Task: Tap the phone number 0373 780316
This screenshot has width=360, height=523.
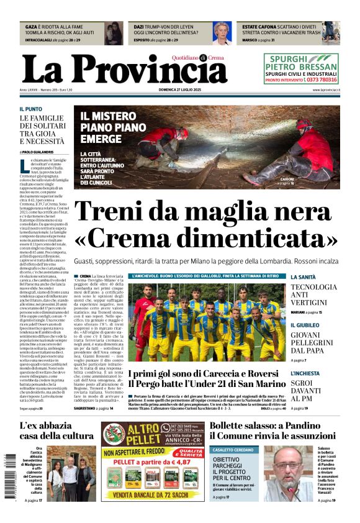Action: [318, 80]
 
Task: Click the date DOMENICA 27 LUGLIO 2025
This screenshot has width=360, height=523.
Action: [180, 90]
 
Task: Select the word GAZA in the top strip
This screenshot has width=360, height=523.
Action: [31, 27]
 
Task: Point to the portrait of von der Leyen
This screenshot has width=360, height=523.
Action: [222, 32]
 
